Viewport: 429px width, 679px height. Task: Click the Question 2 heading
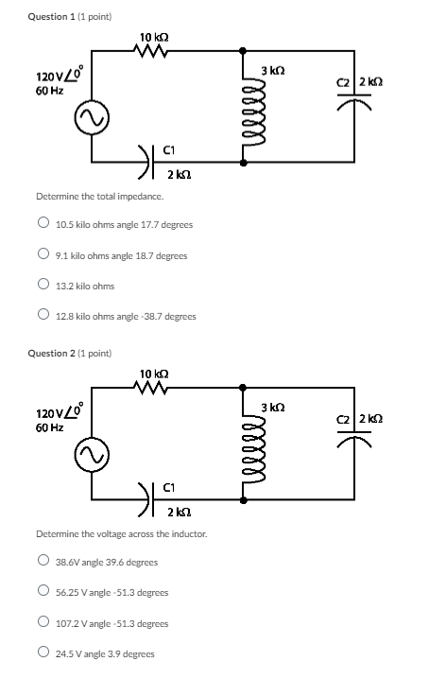(74, 353)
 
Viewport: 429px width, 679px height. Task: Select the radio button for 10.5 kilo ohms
(43, 225)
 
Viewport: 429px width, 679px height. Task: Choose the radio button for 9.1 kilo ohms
(43, 255)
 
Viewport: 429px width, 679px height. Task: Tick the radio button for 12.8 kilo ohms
(43, 316)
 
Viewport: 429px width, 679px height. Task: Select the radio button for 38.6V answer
(43, 562)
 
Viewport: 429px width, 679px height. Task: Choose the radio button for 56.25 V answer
(43, 592)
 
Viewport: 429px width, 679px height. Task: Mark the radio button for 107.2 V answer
(43, 623)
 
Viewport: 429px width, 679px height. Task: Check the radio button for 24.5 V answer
(43, 653)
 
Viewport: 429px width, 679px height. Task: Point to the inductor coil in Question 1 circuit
(247, 109)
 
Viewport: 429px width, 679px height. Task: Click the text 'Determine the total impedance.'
(86, 196)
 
